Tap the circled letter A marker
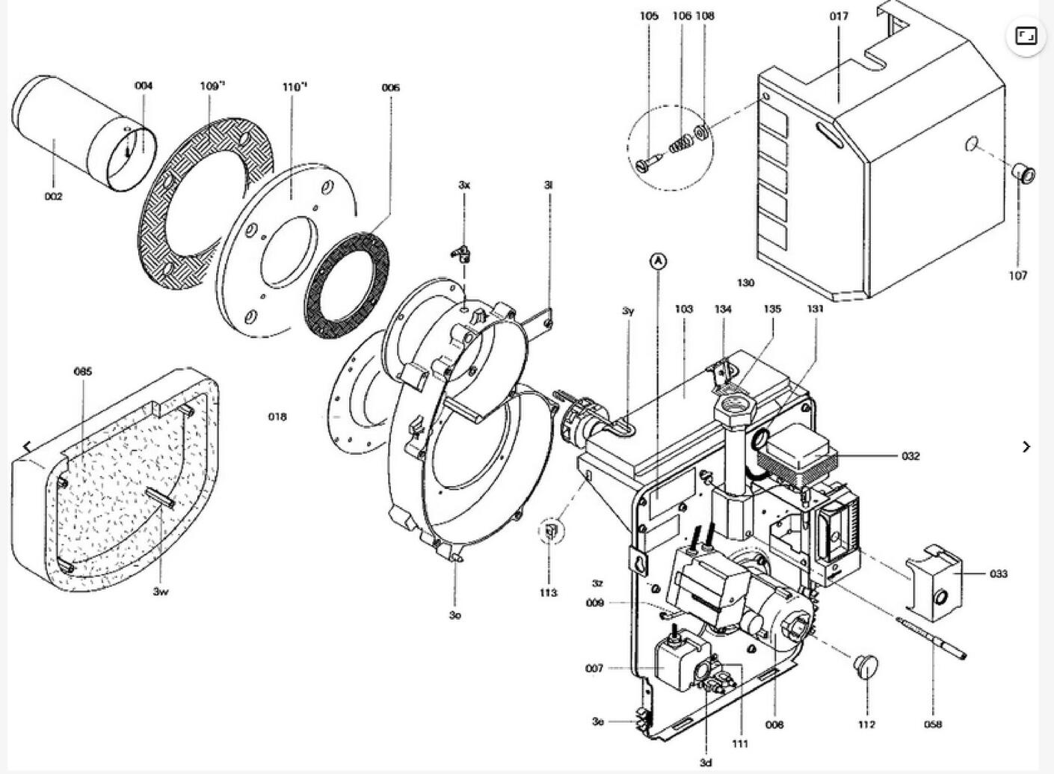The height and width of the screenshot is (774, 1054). coord(658,261)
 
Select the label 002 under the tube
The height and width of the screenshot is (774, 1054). coord(53,197)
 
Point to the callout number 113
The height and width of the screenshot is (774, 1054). coord(548,592)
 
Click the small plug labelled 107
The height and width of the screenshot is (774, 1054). coord(1024,174)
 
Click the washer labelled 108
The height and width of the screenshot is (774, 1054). coord(703,132)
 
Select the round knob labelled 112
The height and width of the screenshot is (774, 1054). coord(866,666)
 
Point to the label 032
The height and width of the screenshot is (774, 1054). coord(910,456)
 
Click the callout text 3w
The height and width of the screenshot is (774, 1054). coord(161,592)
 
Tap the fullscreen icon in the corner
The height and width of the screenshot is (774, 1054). coord(1026,36)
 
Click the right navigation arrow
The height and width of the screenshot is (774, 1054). coord(1026,446)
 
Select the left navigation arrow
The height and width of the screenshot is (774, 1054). coord(27,446)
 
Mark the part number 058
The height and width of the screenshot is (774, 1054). coord(933,724)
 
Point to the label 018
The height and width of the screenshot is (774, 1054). coord(277,417)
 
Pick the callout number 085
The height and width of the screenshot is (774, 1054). coord(82,371)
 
